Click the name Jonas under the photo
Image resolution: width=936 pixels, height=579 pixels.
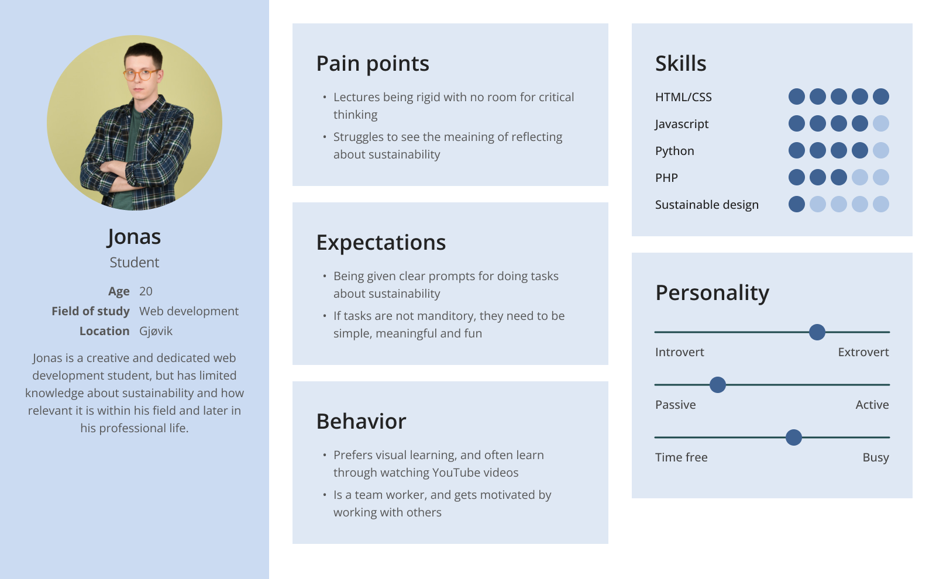134,237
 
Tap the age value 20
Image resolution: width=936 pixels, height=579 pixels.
146,291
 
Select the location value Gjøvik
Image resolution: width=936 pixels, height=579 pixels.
156,331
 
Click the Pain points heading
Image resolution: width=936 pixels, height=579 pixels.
372,64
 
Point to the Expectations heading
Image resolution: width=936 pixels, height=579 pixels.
381,242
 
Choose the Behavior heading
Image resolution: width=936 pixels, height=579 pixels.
361,421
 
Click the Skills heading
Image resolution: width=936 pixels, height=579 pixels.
681,64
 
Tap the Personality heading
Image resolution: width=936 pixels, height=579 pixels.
712,293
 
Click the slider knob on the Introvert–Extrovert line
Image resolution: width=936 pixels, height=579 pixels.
817,332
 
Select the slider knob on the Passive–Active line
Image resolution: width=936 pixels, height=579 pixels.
717,385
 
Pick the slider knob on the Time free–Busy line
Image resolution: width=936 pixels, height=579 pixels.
793,437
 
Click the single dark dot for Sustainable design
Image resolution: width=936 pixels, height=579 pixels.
796,204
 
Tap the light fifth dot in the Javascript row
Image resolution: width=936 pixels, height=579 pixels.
881,123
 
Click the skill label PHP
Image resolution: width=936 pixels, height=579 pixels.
666,178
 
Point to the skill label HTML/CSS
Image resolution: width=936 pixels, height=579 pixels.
683,97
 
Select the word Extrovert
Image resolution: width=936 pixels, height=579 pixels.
863,352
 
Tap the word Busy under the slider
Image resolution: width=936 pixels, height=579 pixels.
876,458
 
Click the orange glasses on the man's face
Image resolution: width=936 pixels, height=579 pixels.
141,75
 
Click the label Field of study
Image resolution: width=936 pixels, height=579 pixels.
91,311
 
